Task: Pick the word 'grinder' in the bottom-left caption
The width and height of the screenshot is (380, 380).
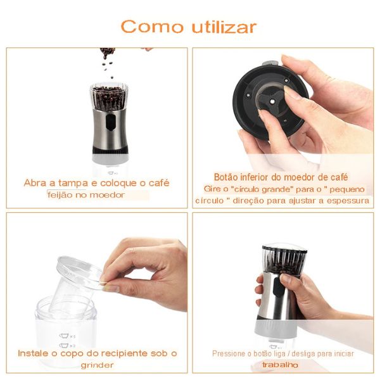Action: click(x=97, y=365)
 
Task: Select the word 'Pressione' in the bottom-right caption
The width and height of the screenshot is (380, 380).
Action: click(x=229, y=353)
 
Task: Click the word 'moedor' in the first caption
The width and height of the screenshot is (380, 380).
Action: click(x=106, y=195)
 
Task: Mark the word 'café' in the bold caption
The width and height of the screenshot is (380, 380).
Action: click(x=336, y=177)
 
